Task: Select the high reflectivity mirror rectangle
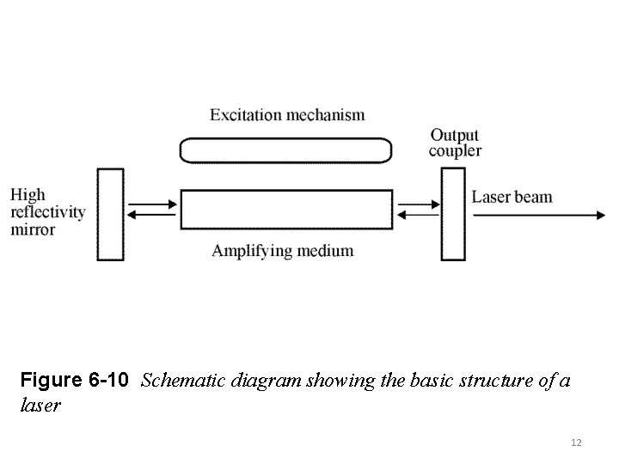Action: coord(110,214)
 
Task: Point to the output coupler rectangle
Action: coord(453,214)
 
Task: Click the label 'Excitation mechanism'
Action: coord(287,114)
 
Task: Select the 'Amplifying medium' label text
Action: coord(282,251)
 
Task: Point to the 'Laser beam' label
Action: coord(512,197)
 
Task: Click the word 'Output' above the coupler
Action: coord(455,135)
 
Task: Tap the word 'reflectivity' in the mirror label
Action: coord(48,212)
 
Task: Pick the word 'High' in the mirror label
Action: coord(28,195)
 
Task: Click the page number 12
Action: coord(576,443)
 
